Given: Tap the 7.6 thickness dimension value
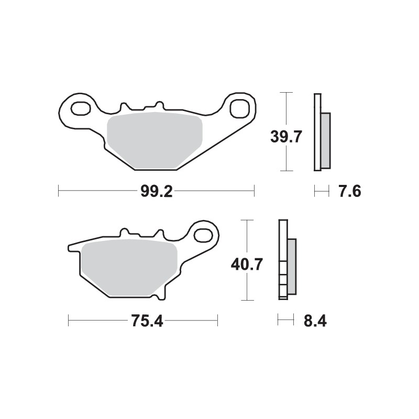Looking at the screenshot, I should (x=349, y=192).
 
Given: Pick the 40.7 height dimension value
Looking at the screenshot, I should (x=247, y=264).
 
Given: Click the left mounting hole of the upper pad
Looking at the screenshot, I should (x=80, y=109).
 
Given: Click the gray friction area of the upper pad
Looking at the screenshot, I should (x=155, y=138).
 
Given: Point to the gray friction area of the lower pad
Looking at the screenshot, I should (x=129, y=267).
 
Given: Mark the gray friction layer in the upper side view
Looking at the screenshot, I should (x=325, y=140).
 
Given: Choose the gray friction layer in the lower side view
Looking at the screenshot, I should (x=292, y=266).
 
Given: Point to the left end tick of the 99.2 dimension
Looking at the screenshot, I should (x=58, y=191).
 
